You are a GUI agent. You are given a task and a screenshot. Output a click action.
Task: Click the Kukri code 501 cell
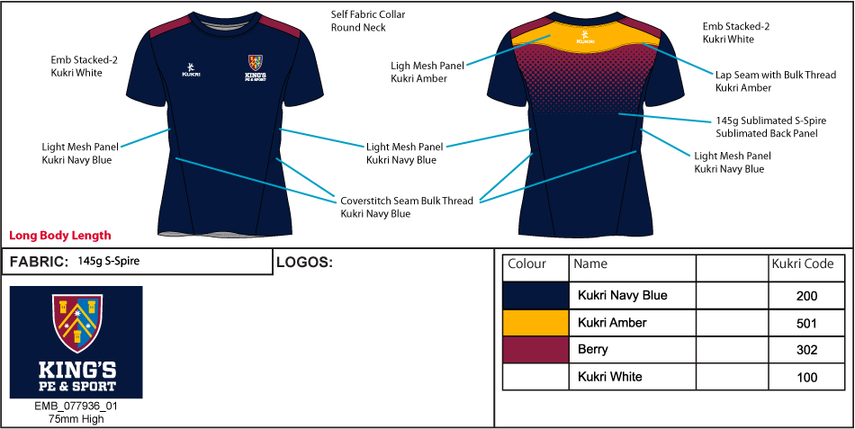coord(806,323)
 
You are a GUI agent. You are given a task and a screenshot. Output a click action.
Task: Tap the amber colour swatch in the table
coord(535,323)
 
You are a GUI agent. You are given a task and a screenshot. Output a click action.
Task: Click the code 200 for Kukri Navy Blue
coord(806,296)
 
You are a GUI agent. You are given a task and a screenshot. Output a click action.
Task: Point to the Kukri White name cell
coord(608,377)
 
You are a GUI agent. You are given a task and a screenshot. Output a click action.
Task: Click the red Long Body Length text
coord(60,236)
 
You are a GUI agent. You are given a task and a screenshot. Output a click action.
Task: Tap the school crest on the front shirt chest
coord(256,63)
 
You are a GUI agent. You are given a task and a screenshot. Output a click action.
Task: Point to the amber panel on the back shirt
coord(586,39)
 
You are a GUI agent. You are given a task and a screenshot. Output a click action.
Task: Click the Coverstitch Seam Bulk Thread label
coord(406,207)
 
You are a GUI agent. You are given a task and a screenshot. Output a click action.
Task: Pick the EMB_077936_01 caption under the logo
coord(76,406)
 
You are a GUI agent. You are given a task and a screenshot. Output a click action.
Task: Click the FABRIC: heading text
coord(39,263)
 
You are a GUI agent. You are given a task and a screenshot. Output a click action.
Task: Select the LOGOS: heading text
coord(304,263)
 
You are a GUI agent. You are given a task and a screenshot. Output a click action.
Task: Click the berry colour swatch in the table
coord(535,350)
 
